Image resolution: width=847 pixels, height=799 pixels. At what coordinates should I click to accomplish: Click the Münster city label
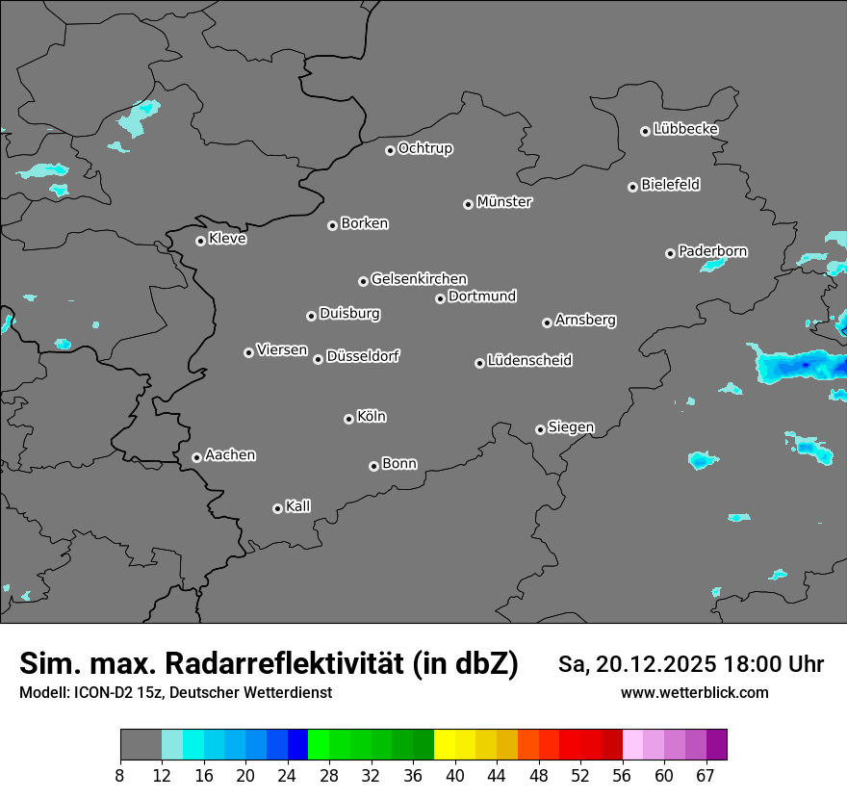pyautogui.click(x=504, y=202)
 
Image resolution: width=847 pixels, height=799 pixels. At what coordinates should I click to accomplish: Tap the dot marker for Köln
pyautogui.click(x=348, y=419)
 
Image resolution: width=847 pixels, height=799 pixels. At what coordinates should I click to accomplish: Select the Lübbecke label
pyautogui.click(x=685, y=129)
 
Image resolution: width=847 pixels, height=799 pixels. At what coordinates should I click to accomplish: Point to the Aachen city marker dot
pyautogui.click(x=196, y=457)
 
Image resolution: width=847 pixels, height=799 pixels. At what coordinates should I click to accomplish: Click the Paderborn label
pyautogui.click(x=712, y=251)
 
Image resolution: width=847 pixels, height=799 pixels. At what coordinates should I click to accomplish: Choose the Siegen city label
pyautogui.click(x=571, y=427)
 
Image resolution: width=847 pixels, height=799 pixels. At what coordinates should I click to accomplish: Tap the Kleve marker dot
pyautogui.click(x=200, y=241)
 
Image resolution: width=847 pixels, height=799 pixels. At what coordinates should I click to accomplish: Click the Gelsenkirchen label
pyautogui.click(x=419, y=279)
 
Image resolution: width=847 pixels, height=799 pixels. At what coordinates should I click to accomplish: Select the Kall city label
pyautogui.click(x=298, y=506)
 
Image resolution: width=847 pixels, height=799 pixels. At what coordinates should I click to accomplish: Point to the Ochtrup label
pyautogui.click(x=425, y=148)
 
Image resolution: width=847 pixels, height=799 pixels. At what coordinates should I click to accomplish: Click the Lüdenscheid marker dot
pyautogui.click(x=479, y=363)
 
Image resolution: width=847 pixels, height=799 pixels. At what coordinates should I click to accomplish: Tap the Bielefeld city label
pyautogui.click(x=670, y=185)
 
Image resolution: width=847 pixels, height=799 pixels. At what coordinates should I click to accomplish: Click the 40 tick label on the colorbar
pyautogui.click(x=454, y=776)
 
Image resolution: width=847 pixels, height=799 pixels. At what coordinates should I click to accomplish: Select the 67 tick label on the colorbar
pyautogui.click(x=706, y=776)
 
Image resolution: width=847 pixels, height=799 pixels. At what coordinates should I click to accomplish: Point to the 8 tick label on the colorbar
pyautogui.click(x=120, y=776)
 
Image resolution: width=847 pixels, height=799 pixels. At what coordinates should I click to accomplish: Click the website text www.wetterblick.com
pyautogui.click(x=694, y=692)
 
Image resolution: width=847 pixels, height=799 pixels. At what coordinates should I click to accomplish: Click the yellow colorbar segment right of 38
pyautogui.click(x=445, y=745)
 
